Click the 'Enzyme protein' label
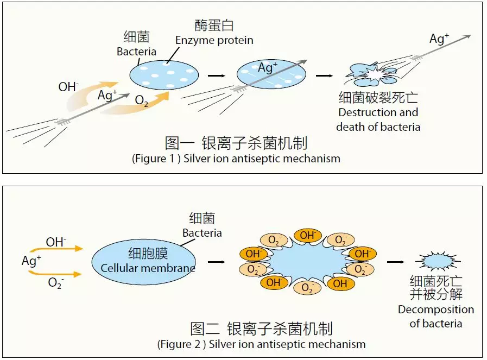(x=214, y=41)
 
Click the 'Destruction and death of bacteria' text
(x=378, y=119)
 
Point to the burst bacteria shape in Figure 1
(x=371, y=74)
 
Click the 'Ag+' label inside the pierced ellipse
(x=268, y=67)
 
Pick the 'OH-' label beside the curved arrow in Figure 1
(x=68, y=87)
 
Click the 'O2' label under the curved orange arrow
(x=142, y=100)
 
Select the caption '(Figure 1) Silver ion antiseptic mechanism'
(x=236, y=159)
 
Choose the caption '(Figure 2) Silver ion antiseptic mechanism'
(x=261, y=344)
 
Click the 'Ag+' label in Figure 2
(x=31, y=261)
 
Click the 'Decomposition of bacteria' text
(x=436, y=317)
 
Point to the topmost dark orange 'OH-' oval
(x=307, y=236)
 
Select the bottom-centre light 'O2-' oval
(x=307, y=288)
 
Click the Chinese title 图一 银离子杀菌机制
(x=236, y=143)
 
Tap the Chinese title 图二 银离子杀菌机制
(x=261, y=329)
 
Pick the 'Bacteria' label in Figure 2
(x=202, y=233)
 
